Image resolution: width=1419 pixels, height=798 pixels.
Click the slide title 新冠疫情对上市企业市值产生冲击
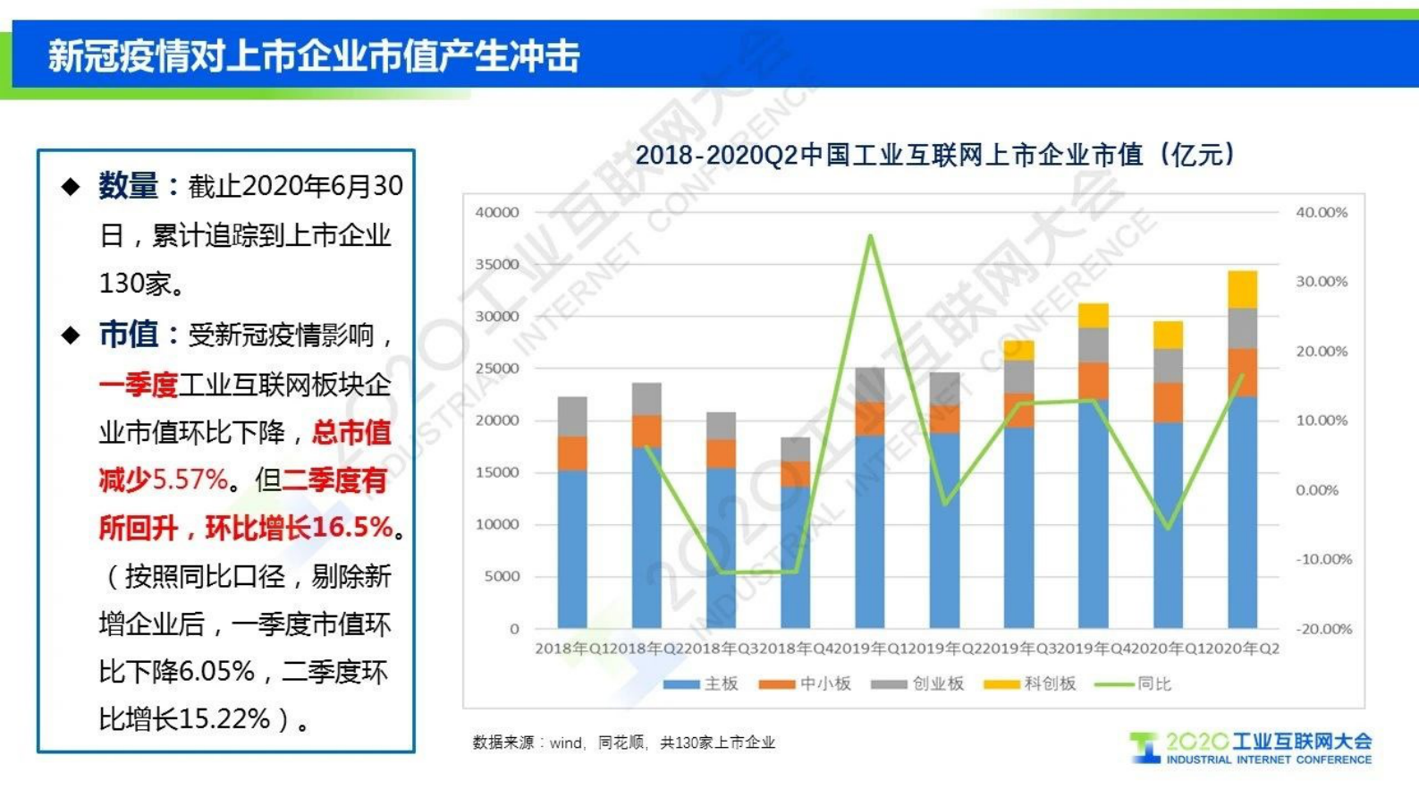[313, 55]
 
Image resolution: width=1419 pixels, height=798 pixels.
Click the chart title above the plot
[934, 155]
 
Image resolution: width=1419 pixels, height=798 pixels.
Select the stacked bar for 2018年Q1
[572, 514]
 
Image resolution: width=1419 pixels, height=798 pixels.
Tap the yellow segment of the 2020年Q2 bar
[1242, 289]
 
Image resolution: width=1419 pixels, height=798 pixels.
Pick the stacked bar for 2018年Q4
[795, 537]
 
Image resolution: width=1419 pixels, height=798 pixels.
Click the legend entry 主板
[702, 684]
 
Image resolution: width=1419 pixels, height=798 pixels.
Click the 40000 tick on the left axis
[497, 212]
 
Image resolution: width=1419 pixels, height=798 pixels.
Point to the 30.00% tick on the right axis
[1322, 281]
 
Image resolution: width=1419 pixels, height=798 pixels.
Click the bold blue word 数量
[128, 186]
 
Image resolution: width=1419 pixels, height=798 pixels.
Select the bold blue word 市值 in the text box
[128, 335]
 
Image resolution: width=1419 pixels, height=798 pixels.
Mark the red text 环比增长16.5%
[299, 528]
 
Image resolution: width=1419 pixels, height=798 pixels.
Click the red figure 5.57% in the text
[190, 480]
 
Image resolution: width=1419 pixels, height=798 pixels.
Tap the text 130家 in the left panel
[134, 284]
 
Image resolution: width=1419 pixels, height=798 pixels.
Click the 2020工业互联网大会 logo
[1252, 748]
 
